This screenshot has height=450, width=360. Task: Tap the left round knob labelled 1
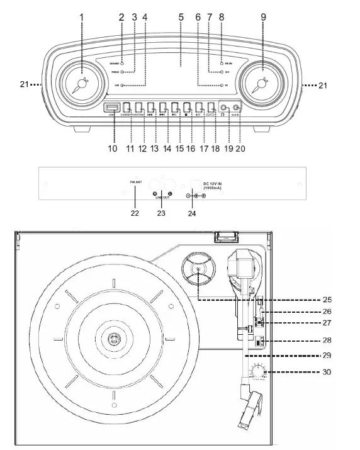coord(82,85)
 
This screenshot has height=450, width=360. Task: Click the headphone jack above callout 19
coord(225,108)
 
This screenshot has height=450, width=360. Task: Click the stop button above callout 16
coord(188,108)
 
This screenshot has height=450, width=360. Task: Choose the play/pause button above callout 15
coord(176,108)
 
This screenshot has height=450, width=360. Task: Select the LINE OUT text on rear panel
coord(162,197)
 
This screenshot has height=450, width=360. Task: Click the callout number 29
coord(327,356)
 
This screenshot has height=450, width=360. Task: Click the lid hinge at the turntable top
coord(226,238)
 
